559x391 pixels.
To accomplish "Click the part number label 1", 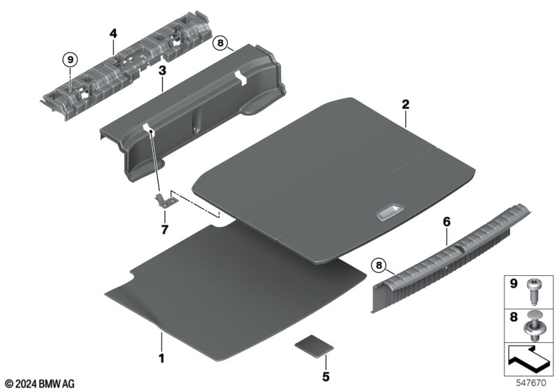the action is click(x=161, y=358).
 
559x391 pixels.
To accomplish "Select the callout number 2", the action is click(x=406, y=104).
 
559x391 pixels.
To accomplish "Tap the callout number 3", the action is click(x=162, y=71).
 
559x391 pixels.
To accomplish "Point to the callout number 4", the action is click(x=113, y=34).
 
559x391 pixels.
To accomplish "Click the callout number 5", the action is click(x=326, y=377).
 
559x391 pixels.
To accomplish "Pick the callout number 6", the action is click(x=447, y=222).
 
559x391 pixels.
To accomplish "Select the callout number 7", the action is click(x=164, y=230).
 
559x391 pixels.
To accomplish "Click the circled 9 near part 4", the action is click(x=71, y=59).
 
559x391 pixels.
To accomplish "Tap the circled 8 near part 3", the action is click(x=220, y=43).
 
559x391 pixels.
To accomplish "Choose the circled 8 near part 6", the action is click(x=379, y=265).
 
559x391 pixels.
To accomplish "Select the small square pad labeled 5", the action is click(x=314, y=345).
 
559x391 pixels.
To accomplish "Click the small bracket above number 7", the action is click(x=166, y=201).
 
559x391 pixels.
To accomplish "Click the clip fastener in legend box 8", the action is click(x=533, y=326).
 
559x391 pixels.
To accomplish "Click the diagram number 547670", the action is click(x=531, y=383).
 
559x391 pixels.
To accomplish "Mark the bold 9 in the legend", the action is click(x=514, y=283).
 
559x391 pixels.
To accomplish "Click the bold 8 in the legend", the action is click(x=514, y=317).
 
